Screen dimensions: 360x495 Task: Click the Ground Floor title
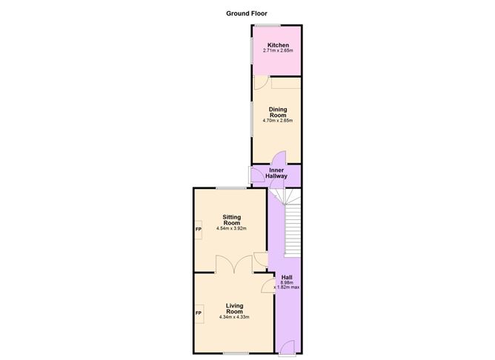pyautogui.click(x=247, y=13)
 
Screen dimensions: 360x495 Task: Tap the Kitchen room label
pyautogui.click(x=278, y=45)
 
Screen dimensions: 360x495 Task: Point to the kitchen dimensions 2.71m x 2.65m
pyautogui.click(x=278, y=50)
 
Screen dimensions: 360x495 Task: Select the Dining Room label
pyautogui.click(x=278, y=113)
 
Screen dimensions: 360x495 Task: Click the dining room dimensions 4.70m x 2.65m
pyautogui.click(x=278, y=121)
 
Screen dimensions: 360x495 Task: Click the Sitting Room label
pyautogui.click(x=232, y=220)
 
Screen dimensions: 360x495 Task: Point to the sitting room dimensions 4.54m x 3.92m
pyautogui.click(x=232, y=229)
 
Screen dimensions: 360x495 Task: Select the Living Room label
pyautogui.click(x=235, y=308)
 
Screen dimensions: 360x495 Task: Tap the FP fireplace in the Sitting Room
pyautogui.click(x=199, y=229)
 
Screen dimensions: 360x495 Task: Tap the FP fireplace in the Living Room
pyautogui.click(x=199, y=313)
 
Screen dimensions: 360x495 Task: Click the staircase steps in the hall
pyautogui.click(x=290, y=222)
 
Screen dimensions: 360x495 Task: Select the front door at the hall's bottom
pyautogui.click(x=288, y=346)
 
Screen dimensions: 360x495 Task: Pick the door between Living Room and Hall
pyautogui.click(x=270, y=287)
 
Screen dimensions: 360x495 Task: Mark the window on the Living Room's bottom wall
pyautogui.click(x=236, y=354)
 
